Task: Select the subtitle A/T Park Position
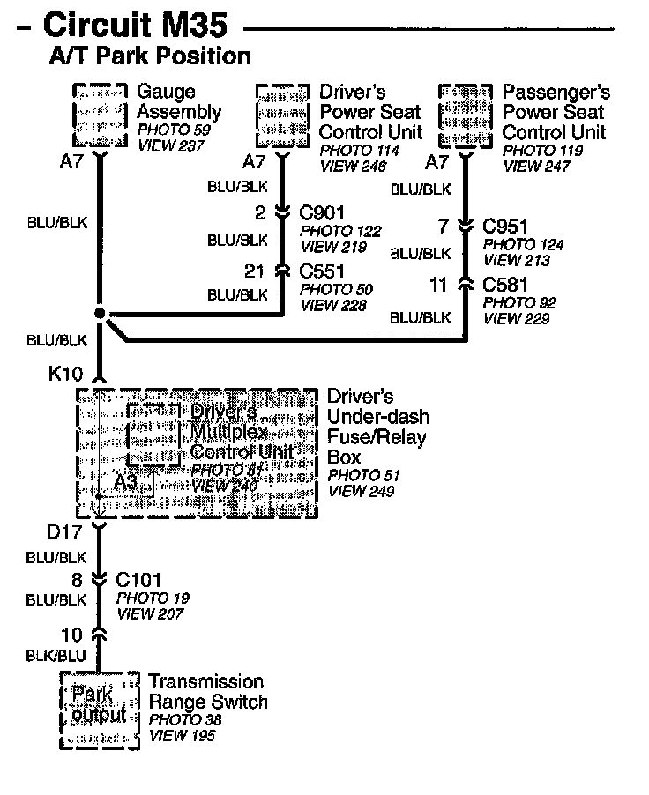point(150,56)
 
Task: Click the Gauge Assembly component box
point(98,116)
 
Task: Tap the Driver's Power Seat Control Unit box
point(282,116)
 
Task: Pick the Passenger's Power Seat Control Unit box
point(465,116)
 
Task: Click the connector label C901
point(322,212)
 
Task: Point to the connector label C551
point(322,271)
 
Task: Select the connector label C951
point(506,227)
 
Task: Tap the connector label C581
point(506,284)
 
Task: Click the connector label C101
point(138,580)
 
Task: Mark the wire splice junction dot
point(100,314)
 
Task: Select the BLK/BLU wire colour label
point(56,656)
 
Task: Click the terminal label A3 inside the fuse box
point(124,482)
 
